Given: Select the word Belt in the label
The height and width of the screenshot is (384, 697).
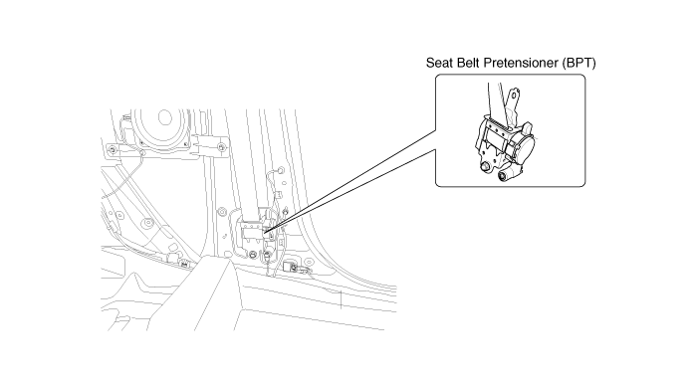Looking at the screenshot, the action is click(465, 63).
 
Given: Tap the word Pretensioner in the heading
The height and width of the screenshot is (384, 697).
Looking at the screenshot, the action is click(520, 63).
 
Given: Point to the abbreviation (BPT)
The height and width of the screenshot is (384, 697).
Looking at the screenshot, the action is click(579, 63).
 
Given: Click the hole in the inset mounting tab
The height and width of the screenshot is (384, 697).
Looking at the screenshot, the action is click(515, 95).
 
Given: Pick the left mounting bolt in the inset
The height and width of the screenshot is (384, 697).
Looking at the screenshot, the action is click(486, 166).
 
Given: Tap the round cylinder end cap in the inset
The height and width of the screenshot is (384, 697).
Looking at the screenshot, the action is click(502, 176).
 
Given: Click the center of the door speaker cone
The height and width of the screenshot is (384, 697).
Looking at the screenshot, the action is click(164, 118).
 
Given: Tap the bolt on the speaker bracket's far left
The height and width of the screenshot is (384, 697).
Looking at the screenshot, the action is click(113, 149).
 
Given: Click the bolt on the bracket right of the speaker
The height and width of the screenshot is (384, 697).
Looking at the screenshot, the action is click(221, 147).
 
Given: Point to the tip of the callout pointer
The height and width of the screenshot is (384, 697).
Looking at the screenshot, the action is click(264, 232).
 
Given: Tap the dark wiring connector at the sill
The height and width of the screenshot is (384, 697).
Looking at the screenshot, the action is click(291, 267).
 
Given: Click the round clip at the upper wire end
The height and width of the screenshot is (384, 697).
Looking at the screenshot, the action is click(280, 169).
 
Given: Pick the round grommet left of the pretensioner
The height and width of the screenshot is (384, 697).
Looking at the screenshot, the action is click(220, 211).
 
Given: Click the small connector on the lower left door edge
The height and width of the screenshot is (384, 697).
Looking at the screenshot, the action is click(182, 263).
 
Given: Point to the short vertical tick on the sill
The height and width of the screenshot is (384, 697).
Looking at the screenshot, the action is click(341, 298).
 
